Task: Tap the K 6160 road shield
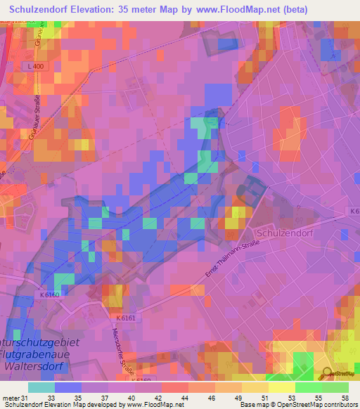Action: [50, 295]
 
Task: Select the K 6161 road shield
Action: [123, 317]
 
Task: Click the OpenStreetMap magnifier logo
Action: [326, 372]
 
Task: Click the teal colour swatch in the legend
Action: [41, 387]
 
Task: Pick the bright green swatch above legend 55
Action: [309, 387]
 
